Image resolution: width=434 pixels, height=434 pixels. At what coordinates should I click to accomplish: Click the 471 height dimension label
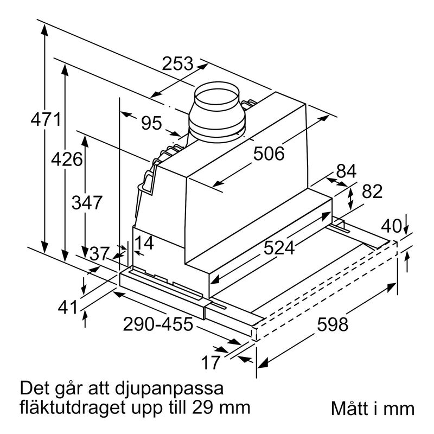(46, 119)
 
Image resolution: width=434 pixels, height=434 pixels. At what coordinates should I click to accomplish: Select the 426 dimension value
(67, 159)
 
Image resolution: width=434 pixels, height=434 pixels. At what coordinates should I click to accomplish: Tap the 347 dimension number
(87, 203)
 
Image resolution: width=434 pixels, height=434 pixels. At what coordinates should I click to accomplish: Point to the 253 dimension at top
(178, 64)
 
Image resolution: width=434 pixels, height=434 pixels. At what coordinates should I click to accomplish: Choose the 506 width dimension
(269, 154)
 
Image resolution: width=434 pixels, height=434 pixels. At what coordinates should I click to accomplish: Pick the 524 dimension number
(279, 248)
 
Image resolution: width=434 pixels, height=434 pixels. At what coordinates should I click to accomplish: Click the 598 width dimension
(332, 325)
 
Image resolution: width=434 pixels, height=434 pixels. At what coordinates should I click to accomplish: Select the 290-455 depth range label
(158, 324)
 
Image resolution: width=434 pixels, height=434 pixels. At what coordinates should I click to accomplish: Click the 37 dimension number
(99, 253)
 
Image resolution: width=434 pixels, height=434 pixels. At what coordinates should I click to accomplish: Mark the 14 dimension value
(144, 242)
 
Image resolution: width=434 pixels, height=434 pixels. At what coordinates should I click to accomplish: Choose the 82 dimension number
(372, 192)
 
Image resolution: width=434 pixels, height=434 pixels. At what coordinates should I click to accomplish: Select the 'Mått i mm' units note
(372, 409)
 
